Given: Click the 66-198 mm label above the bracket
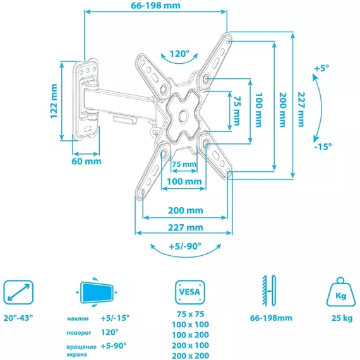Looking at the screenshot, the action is (155, 6).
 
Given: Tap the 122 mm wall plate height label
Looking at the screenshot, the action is (54, 101).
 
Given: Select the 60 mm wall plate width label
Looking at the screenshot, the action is (87, 161).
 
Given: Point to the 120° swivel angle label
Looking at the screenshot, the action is (179, 54).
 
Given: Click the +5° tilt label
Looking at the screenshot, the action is (321, 68).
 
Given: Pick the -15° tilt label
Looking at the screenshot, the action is (323, 147).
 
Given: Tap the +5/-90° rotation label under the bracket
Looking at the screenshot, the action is (185, 246).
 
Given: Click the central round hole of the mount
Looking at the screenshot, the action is (184, 115).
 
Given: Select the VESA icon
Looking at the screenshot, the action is (190, 292).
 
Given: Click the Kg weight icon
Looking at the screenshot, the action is (340, 292).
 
